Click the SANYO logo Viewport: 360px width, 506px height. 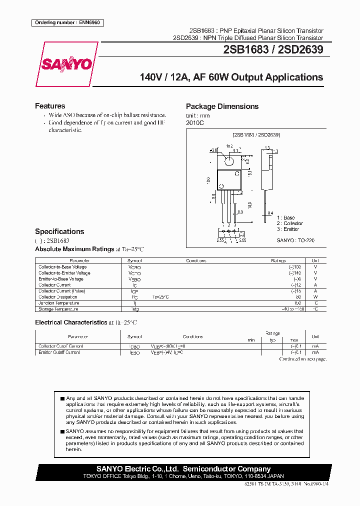pyautogui.click(x=66, y=64)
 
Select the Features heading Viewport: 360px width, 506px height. pyautogui.click(x=50, y=106)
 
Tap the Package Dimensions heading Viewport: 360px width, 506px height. pyautogui.click(x=222, y=106)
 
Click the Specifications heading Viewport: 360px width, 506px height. pyautogui.click(x=59, y=231)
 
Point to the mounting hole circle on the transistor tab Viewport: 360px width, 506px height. pyautogui.click(x=229, y=161)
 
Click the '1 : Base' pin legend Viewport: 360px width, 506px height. pyautogui.click(x=286, y=217)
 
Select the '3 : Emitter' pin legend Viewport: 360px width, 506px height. pyautogui.click(x=288, y=229)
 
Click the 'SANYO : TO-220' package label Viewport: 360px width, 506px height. pyautogui.click(x=295, y=240)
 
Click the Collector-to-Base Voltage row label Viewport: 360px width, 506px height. pyautogui.click(x=62, y=267)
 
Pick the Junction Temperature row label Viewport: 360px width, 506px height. pyautogui.click(x=58, y=303)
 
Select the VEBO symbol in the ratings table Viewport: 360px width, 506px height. pyautogui.click(x=134, y=279)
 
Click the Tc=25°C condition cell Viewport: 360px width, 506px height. pyautogui.click(x=161, y=297)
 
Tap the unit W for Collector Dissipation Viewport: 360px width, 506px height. pyautogui.click(x=315, y=297)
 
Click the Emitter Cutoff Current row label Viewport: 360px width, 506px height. pyautogui.click(x=59, y=352)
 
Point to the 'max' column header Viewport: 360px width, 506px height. pyautogui.click(x=294, y=340)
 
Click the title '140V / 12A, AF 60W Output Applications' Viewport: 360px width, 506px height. pyautogui.click(x=231, y=77)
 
